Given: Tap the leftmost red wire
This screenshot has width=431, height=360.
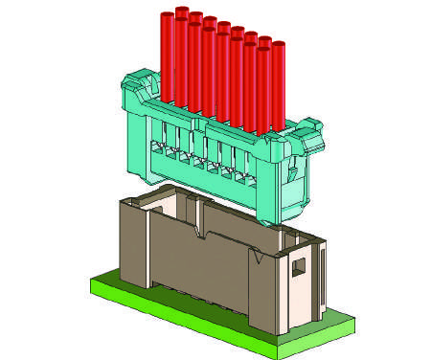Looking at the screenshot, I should point(168,57).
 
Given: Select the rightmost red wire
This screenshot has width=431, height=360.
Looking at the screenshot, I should point(279,86).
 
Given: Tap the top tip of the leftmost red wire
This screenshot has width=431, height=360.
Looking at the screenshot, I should point(168,16).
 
